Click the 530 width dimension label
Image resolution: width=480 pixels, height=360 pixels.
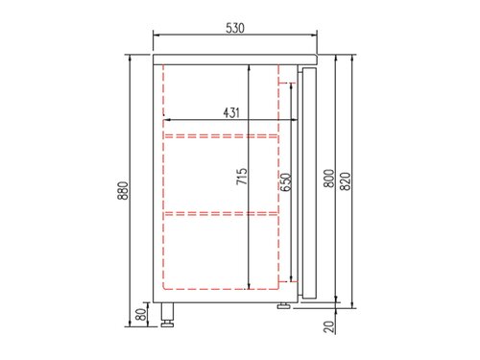235,29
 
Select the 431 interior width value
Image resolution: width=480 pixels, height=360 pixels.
230,112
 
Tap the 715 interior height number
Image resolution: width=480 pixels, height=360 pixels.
242,178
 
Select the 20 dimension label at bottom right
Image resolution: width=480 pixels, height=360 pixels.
329,327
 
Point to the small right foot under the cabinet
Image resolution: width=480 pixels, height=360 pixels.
284,307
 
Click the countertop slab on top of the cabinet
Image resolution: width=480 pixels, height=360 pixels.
235,58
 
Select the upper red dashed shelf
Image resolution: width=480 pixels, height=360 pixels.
221,136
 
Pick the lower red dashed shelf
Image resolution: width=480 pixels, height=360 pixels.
221,211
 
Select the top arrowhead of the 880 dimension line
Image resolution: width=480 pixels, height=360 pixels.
132,56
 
